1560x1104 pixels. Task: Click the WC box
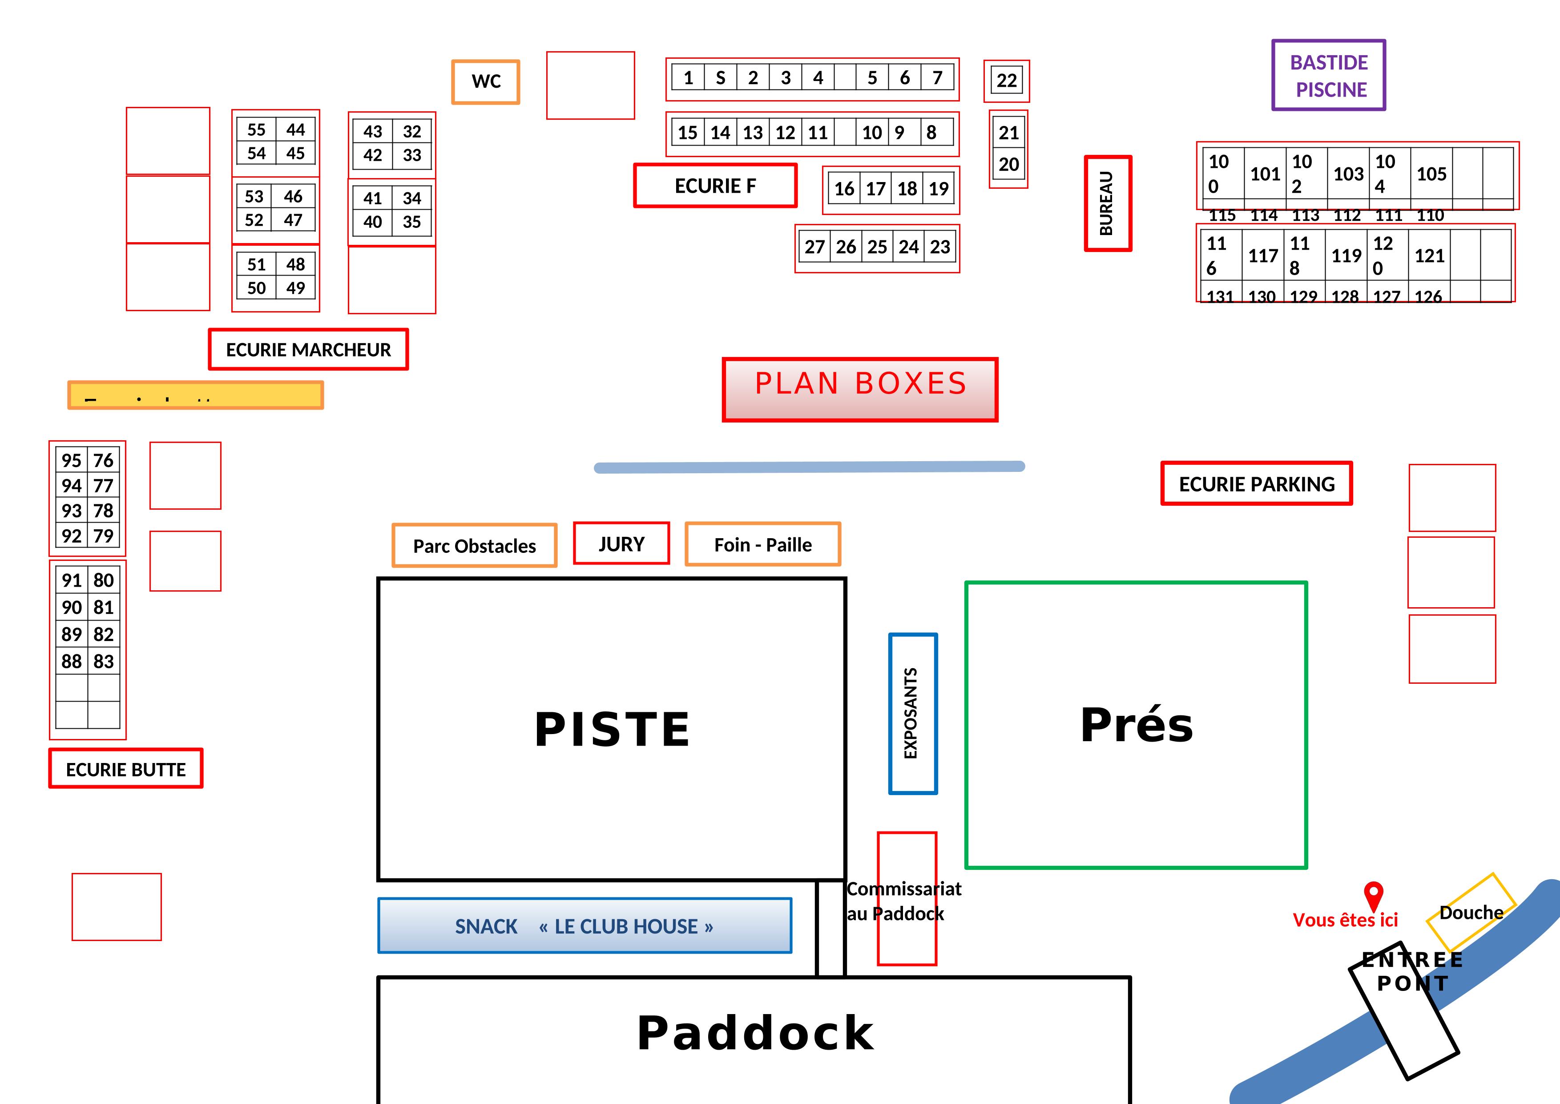click(486, 81)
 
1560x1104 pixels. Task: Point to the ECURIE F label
click(715, 186)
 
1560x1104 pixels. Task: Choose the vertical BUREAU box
click(1108, 203)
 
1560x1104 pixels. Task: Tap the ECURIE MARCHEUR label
click(308, 349)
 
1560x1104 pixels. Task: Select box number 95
click(71, 460)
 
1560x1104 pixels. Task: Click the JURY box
click(621, 544)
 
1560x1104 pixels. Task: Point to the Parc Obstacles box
click(474, 545)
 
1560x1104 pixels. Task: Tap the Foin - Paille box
click(762, 544)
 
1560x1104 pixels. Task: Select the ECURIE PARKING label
click(1256, 484)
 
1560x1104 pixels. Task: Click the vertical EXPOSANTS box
click(912, 713)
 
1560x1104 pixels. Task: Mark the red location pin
click(1373, 895)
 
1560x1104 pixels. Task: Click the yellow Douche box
click(1471, 912)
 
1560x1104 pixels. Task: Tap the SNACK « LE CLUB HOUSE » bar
click(584, 926)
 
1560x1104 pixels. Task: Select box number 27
click(814, 247)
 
